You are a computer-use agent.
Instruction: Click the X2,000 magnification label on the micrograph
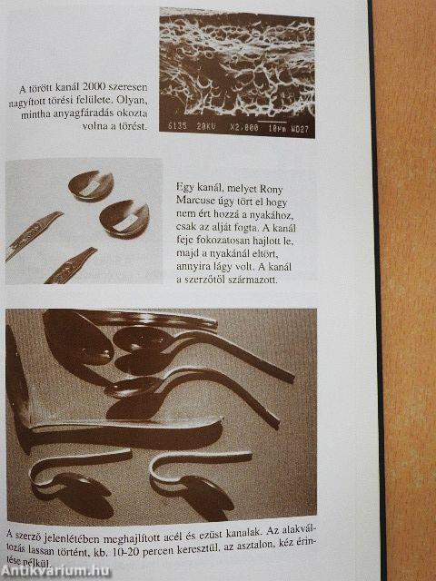(244, 127)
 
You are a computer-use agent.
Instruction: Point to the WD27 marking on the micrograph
(300, 130)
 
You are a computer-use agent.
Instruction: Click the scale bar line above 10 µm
(272, 122)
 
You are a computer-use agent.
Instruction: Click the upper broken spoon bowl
(91, 184)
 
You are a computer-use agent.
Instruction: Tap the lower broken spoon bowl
(124, 218)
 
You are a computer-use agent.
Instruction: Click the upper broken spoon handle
(34, 235)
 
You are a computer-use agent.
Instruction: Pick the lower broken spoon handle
(71, 265)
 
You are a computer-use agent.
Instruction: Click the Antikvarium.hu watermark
(54, 571)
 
